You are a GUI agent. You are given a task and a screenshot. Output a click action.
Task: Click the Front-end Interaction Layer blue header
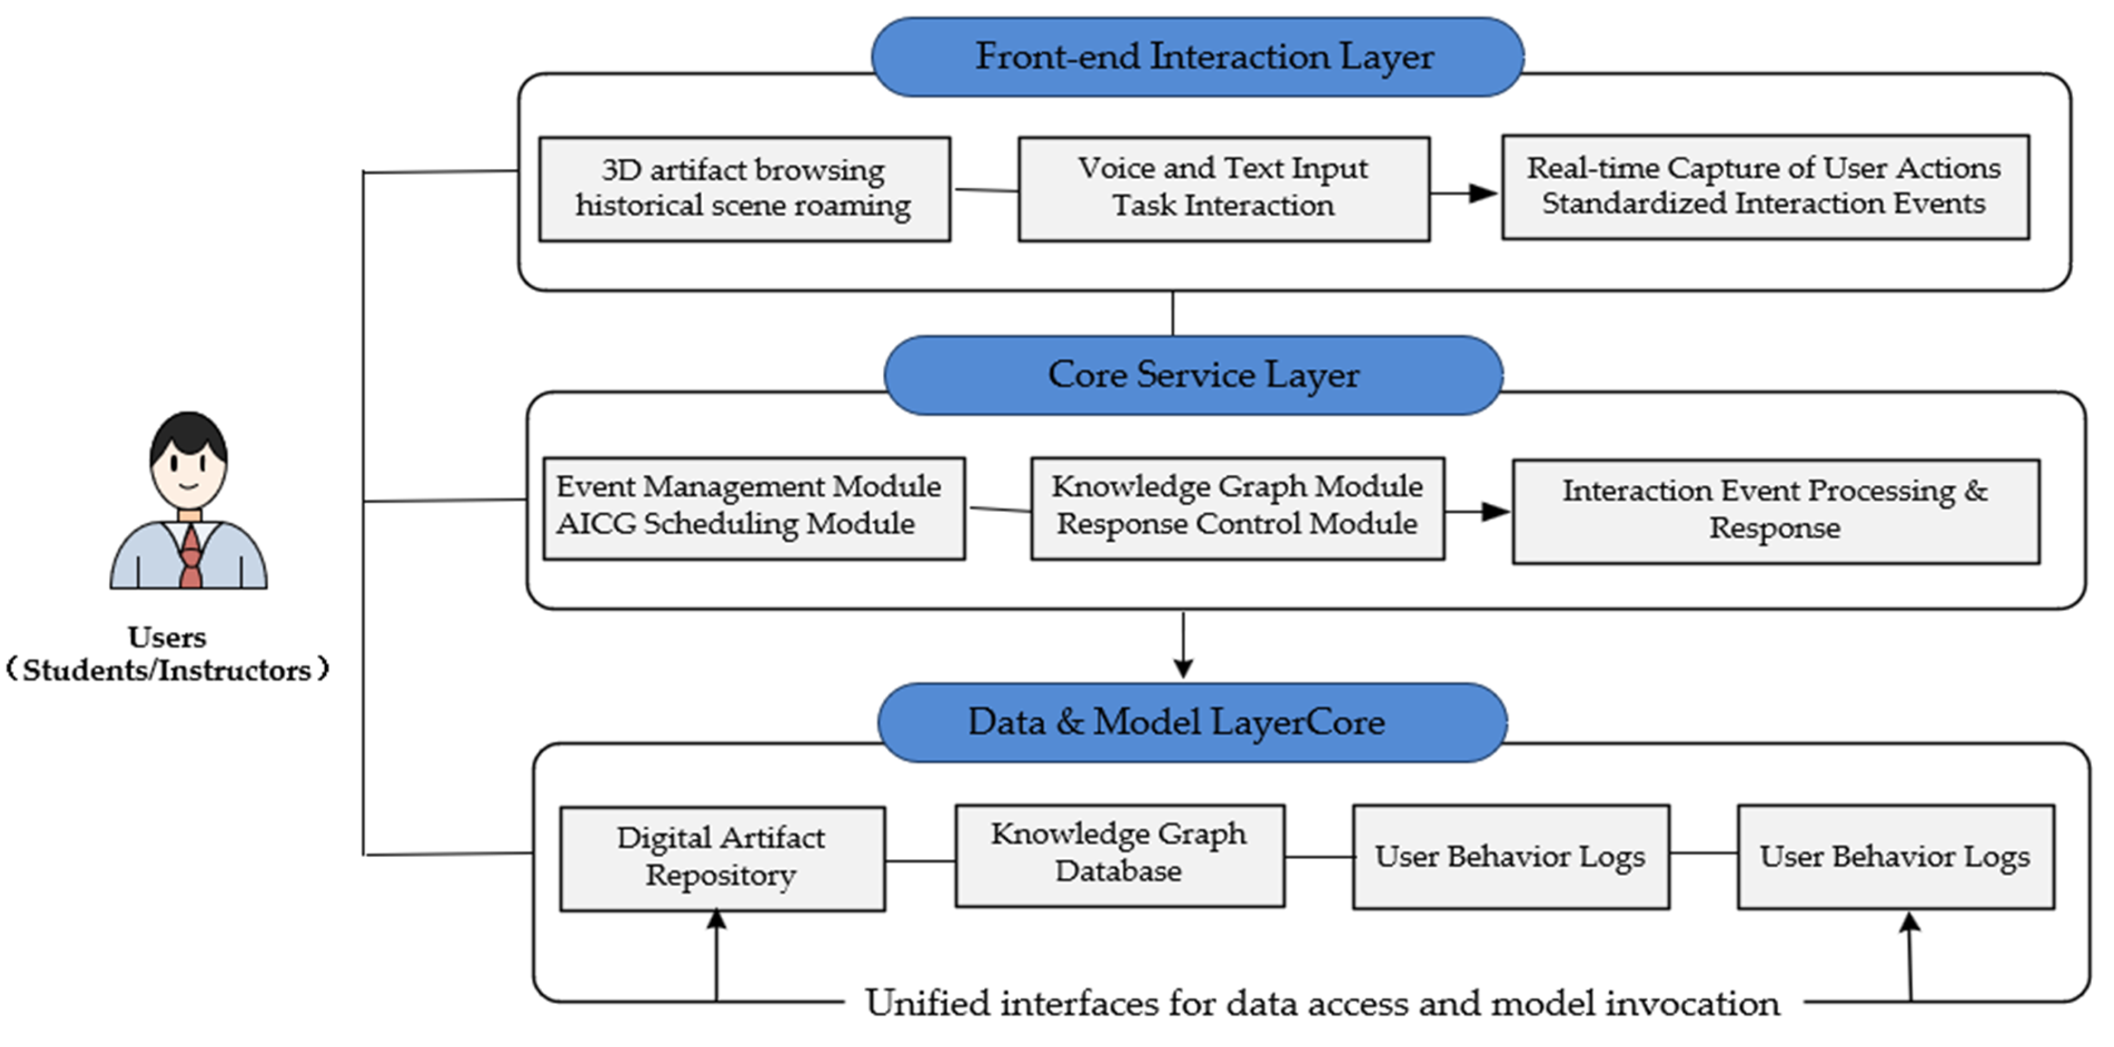pos(1197,57)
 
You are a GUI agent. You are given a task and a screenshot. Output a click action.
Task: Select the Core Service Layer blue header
pos(1193,375)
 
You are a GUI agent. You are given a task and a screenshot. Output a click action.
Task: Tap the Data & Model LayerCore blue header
pos(1193,723)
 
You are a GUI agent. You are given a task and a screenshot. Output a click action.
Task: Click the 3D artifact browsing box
pos(744,189)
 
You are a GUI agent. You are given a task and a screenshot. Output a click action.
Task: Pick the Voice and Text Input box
pos(1224,189)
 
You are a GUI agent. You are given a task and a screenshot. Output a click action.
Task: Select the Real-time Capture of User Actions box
pos(1766,187)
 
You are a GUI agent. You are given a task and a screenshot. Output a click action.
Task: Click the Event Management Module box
pos(754,508)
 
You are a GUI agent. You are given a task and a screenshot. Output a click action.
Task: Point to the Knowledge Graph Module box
pos(1237,508)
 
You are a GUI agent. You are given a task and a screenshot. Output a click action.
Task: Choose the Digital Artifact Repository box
pos(722,858)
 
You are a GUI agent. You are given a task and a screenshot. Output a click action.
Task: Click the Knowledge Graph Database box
pos(1119,856)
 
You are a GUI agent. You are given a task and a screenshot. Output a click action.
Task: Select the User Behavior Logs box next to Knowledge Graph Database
pos(1511,857)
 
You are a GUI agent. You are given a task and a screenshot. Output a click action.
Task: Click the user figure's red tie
pos(190,556)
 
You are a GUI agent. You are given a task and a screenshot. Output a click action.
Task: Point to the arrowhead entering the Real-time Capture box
pos(1483,194)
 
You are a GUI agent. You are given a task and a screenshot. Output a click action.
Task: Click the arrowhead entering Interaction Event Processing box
pos(1494,512)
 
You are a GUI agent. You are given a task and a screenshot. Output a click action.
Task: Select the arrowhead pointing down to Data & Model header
pos(1183,667)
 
